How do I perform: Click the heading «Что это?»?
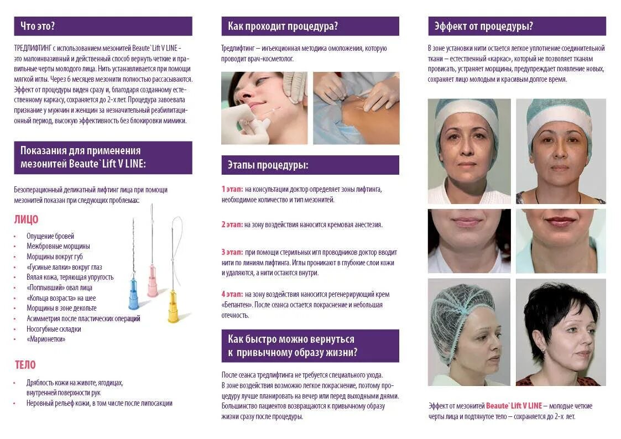pos(37,26)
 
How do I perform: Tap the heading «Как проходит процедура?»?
pos(283,26)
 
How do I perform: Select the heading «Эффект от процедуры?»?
pos(483,26)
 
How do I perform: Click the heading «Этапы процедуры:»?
pos(268,165)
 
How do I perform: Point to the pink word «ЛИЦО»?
pos(26,219)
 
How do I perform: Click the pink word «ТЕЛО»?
pos(25,364)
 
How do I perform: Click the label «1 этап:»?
pos(232,189)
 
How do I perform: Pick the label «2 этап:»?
pos(232,224)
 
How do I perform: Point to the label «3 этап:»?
pos(232,252)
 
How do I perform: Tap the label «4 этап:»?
pos(232,294)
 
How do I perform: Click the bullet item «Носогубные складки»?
pos(54,329)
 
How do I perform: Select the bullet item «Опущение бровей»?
pos(50,236)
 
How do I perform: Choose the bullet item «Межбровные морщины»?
pos(58,246)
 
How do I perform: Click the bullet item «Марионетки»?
pos(46,339)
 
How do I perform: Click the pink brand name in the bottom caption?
pos(514,406)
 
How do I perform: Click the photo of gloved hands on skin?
pos(356,108)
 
